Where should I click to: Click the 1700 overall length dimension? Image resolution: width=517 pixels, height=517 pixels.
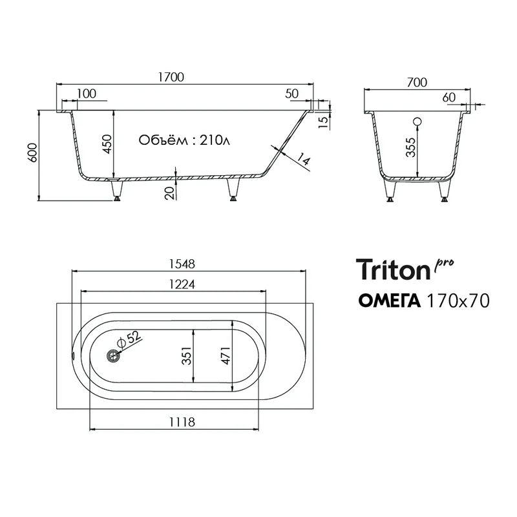pyautogui.click(x=171, y=77)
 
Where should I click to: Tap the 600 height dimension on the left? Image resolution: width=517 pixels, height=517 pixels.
pyautogui.click(x=33, y=153)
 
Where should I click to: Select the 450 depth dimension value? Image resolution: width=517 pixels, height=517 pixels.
pyautogui.click(x=107, y=144)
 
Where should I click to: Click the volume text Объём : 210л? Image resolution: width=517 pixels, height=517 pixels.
pyautogui.click(x=184, y=140)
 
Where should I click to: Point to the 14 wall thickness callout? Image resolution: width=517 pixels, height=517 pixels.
pyautogui.click(x=304, y=159)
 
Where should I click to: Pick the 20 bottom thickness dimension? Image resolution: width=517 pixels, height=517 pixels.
pyautogui.click(x=169, y=193)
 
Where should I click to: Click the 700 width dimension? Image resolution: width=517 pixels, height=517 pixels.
pyautogui.click(x=417, y=83)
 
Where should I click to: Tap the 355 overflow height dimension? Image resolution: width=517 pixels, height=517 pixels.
pyautogui.click(x=410, y=147)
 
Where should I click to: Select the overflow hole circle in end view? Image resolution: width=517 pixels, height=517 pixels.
pyautogui.click(x=417, y=121)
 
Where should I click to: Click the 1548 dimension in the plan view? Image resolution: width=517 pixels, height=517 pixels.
pyautogui.click(x=182, y=264)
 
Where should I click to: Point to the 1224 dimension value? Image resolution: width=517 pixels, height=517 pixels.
pyautogui.click(x=182, y=284)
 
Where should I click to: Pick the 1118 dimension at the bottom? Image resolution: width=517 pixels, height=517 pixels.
pyautogui.click(x=182, y=422)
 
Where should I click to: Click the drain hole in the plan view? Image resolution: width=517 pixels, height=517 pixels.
pyautogui.click(x=113, y=356)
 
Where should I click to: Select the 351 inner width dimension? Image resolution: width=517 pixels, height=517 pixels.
pyautogui.click(x=187, y=356)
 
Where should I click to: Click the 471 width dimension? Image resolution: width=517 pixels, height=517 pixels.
pyautogui.click(x=226, y=356)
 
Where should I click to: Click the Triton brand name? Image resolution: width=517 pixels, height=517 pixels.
pyautogui.click(x=393, y=269)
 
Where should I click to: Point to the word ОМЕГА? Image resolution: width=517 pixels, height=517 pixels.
pyautogui.click(x=390, y=301)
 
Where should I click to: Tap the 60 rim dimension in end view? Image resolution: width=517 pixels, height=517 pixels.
pyautogui.click(x=448, y=98)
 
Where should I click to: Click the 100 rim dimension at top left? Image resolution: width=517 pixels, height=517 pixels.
pyautogui.click(x=87, y=94)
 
